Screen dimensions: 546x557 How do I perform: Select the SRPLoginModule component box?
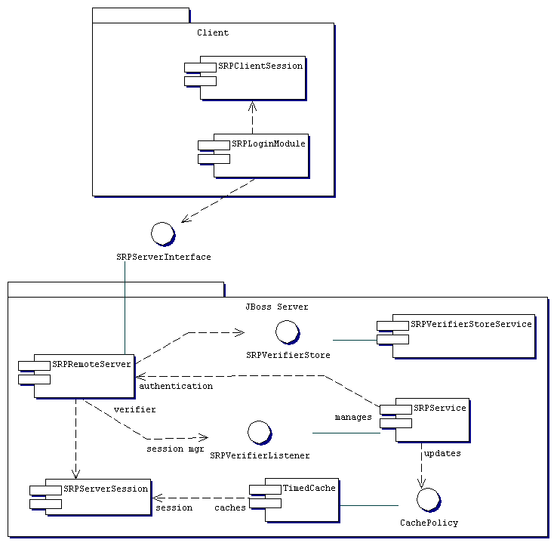pos(261,156)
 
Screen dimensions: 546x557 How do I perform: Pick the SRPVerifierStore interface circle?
pos(287,332)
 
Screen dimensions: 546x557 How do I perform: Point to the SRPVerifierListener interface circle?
pos(259,433)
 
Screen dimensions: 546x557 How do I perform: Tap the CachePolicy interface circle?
pos(428,500)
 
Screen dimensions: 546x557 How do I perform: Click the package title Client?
pos(213,32)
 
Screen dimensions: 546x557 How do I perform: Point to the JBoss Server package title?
pos(277,307)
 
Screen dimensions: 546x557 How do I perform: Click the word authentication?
pos(176,386)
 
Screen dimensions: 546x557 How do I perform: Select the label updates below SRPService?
pos(442,454)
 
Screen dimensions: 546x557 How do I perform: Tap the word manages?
pos(353,417)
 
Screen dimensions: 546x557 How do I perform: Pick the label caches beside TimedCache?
pos(230,508)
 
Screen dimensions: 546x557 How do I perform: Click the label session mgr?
pos(175,449)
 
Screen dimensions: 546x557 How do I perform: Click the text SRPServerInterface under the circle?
pos(164,257)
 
